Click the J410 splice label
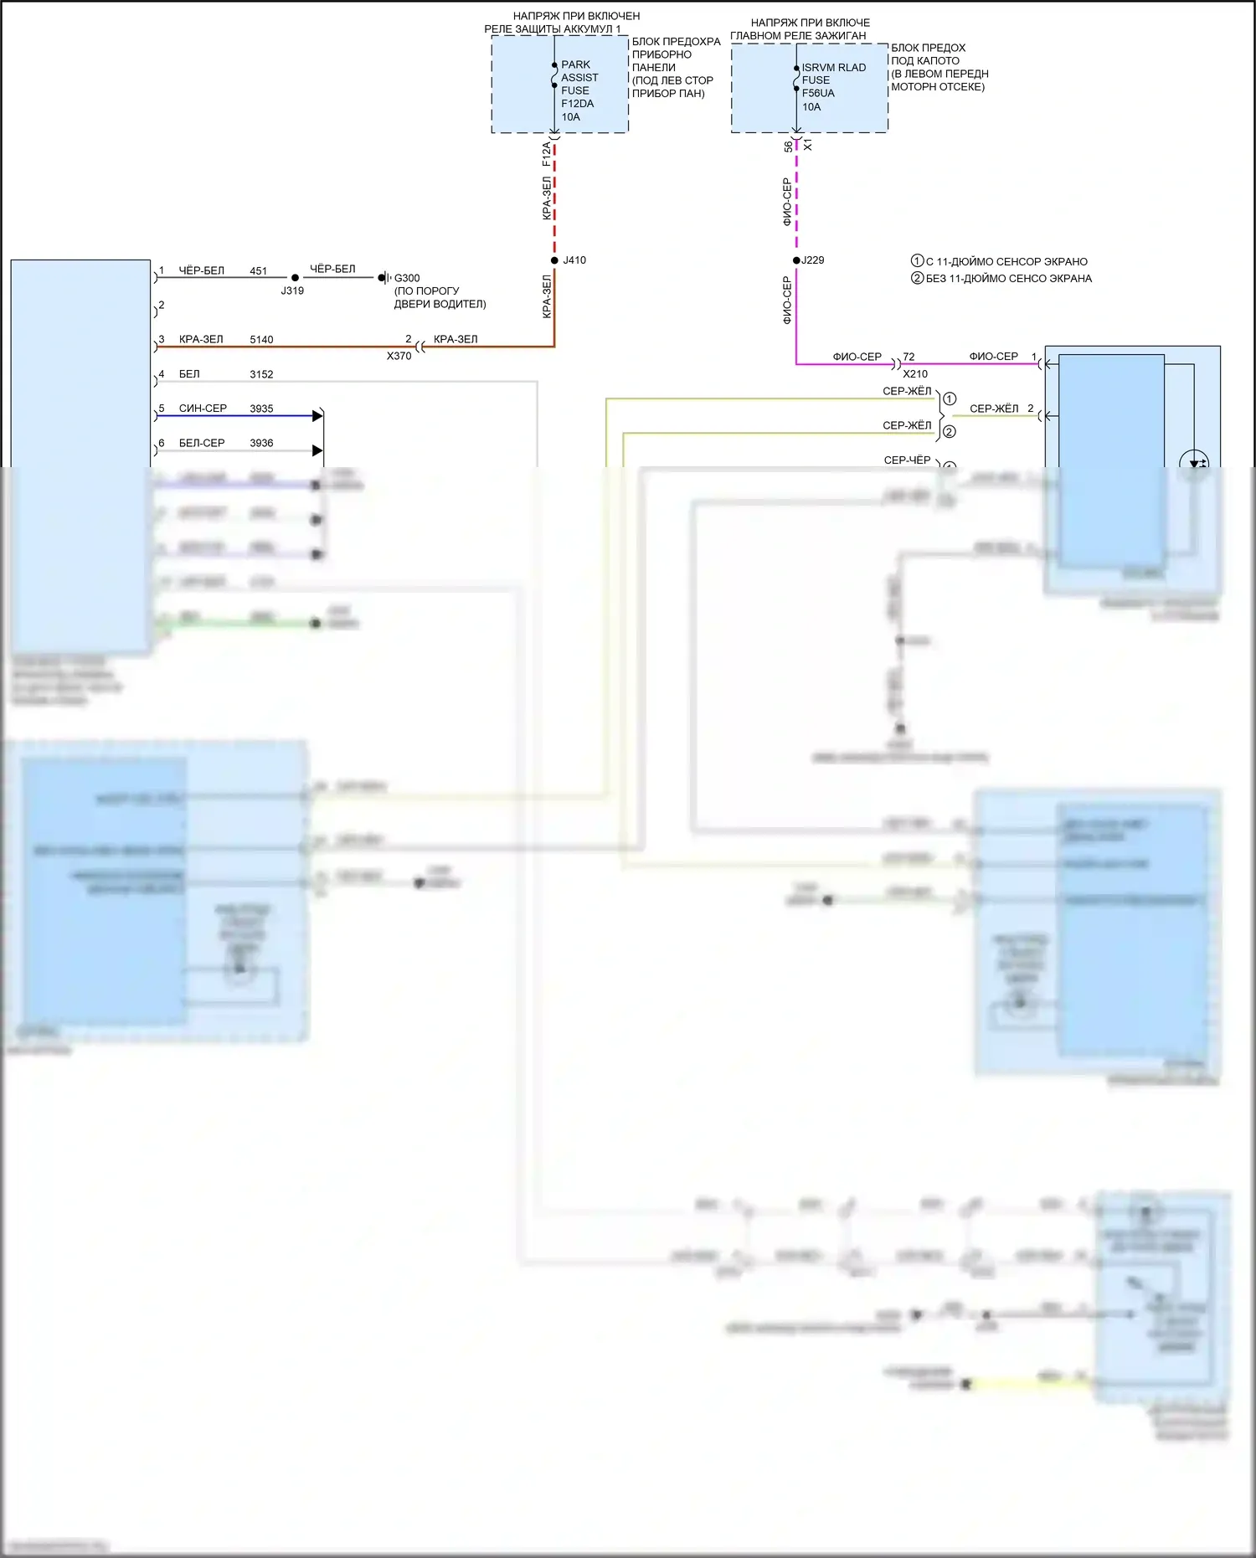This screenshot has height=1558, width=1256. coord(574,260)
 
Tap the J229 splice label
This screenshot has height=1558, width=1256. coord(812,260)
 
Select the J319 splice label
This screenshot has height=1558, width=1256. coord(292,291)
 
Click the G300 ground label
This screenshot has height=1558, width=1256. coord(407,278)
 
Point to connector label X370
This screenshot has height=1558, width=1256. coord(399,356)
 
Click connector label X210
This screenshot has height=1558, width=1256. coord(915,374)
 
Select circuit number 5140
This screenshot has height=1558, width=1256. coord(261,340)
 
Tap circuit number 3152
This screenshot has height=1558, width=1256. coord(261,374)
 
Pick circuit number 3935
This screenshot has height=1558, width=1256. coord(261,409)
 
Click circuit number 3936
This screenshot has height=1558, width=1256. coord(261,443)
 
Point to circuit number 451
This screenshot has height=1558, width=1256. coord(258,271)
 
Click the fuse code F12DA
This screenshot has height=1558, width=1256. coord(577,104)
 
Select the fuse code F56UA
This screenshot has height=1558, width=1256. coord(818,94)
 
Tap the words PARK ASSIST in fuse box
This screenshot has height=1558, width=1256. coord(579,71)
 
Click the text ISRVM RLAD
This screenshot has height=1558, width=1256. coord(834,68)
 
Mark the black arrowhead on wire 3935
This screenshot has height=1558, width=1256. coord(317,416)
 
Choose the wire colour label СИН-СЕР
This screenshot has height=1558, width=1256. coord(203,409)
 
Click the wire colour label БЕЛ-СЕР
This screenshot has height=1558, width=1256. coord(202,443)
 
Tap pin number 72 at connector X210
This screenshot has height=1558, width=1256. coord(909,357)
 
